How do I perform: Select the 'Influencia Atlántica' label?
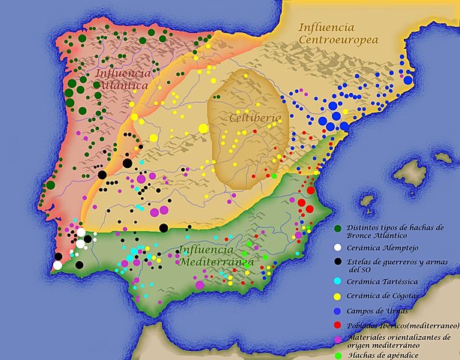click(123, 79)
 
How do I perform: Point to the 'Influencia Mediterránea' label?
click(217, 256)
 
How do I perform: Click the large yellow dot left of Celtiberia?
click(203, 128)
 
